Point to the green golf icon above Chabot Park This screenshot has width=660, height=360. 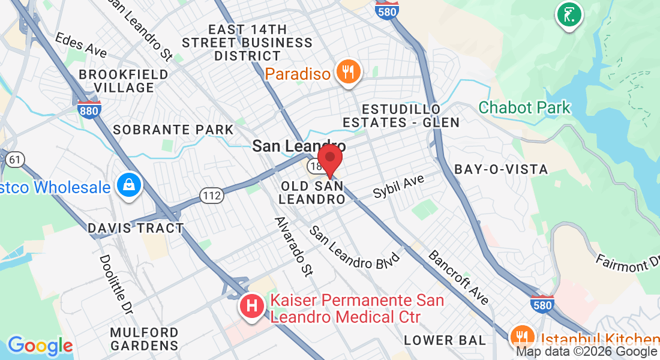[569, 14]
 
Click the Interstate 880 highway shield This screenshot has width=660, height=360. [89, 109]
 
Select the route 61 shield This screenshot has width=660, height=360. [16, 160]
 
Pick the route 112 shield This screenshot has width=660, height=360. [212, 195]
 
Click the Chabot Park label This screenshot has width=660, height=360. [525, 108]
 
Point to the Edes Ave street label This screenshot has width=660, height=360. [81, 45]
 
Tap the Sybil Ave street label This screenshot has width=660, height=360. [398, 187]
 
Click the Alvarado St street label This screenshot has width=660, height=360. [294, 246]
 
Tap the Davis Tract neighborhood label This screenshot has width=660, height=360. [136, 228]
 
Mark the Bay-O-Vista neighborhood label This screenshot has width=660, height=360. [502, 169]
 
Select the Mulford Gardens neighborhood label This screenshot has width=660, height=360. [144, 339]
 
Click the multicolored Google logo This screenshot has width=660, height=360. [40, 346]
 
